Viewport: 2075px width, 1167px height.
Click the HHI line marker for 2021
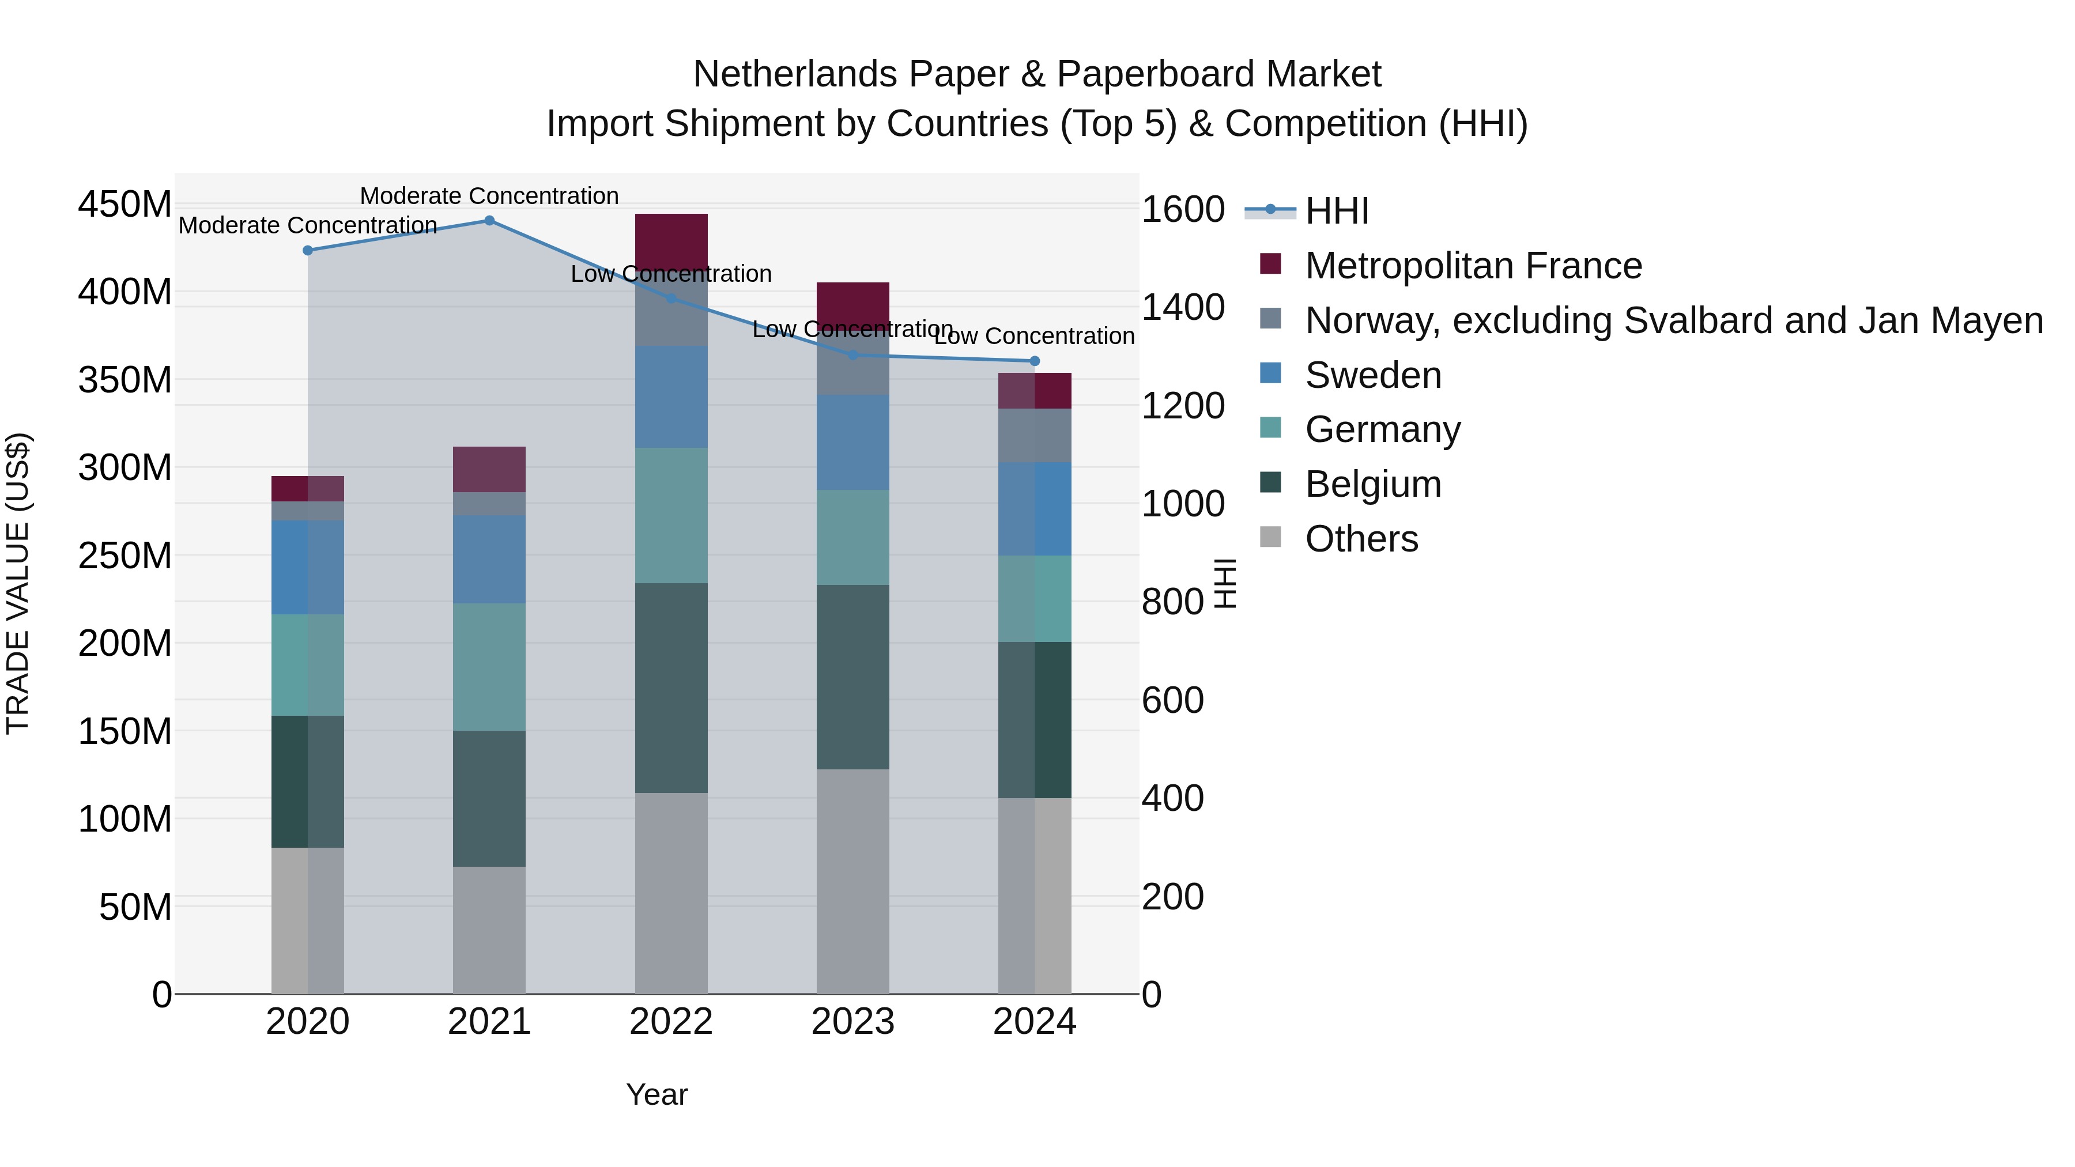coord(489,221)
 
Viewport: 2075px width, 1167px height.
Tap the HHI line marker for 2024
coord(1034,361)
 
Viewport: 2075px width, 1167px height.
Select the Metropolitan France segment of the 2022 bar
coord(671,239)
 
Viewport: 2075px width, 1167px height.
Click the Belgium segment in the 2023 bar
coord(852,677)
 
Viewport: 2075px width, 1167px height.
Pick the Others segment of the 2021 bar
coord(489,930)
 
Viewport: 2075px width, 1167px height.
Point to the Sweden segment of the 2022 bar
coord(671,396)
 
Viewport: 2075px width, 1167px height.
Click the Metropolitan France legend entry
coord(1473,266)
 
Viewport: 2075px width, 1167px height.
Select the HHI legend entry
coord(1335,211)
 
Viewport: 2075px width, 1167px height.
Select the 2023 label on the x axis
coord(852,1022)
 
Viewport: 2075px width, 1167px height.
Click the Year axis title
coord(657,1094)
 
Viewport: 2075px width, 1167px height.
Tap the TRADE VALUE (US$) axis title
coord(18,583)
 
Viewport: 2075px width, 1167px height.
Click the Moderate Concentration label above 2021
coord(489,196)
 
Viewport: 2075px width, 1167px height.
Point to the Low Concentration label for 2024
coord(1034,336)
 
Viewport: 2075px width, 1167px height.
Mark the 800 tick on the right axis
coord(1172,602)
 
